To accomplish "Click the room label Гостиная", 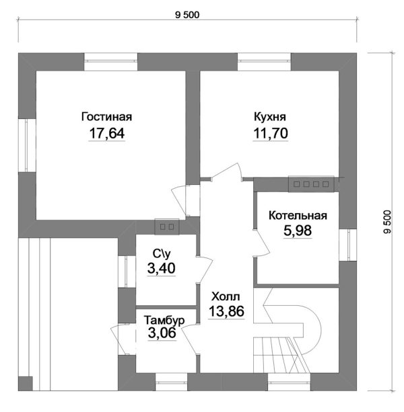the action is (106, 117).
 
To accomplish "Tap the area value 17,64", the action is (107, 133).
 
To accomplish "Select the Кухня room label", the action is (270, 117).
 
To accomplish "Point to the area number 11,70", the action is (271, 133).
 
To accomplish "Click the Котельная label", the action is (298, 216).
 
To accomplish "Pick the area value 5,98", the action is (298, 231).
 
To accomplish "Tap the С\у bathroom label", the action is (162, 253).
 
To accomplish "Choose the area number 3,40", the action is (162, 268).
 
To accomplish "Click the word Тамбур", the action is (164, 321).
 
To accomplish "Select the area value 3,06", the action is (162, 333).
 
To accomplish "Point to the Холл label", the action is (226, 296).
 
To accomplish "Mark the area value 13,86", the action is (227, 311).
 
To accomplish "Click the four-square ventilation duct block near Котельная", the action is (311, 184).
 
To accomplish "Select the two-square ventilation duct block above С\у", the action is (167, 226).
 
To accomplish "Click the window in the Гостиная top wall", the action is (111, 62).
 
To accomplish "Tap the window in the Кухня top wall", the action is (264, 62).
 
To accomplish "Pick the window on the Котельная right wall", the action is (347, 245).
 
